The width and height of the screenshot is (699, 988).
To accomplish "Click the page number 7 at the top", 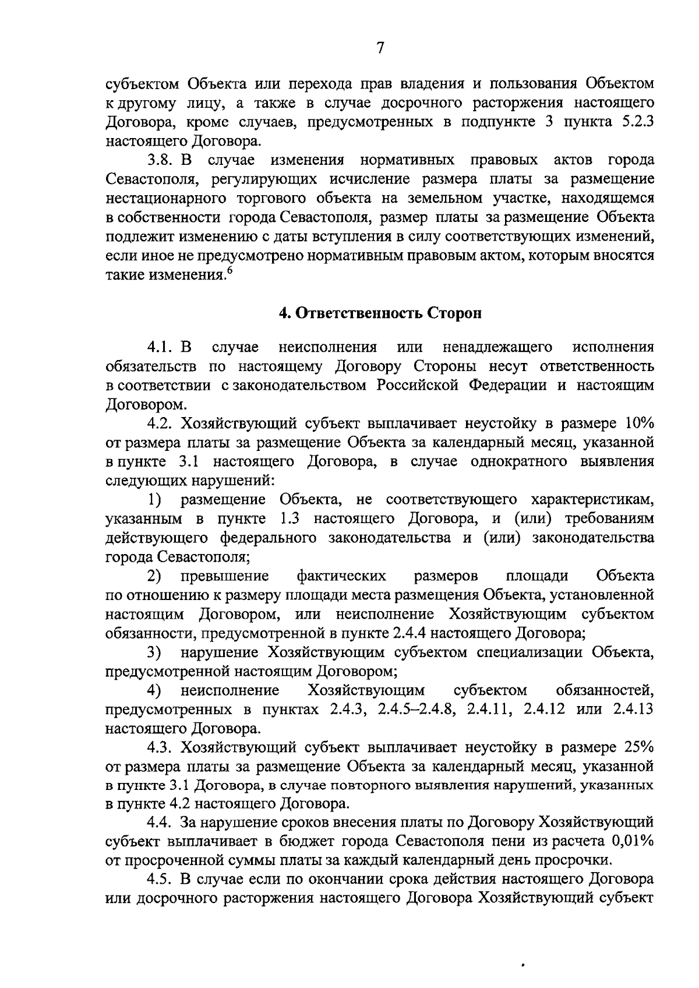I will pos(379,48).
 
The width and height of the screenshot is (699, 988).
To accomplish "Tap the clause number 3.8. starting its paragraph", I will pos(164,160).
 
